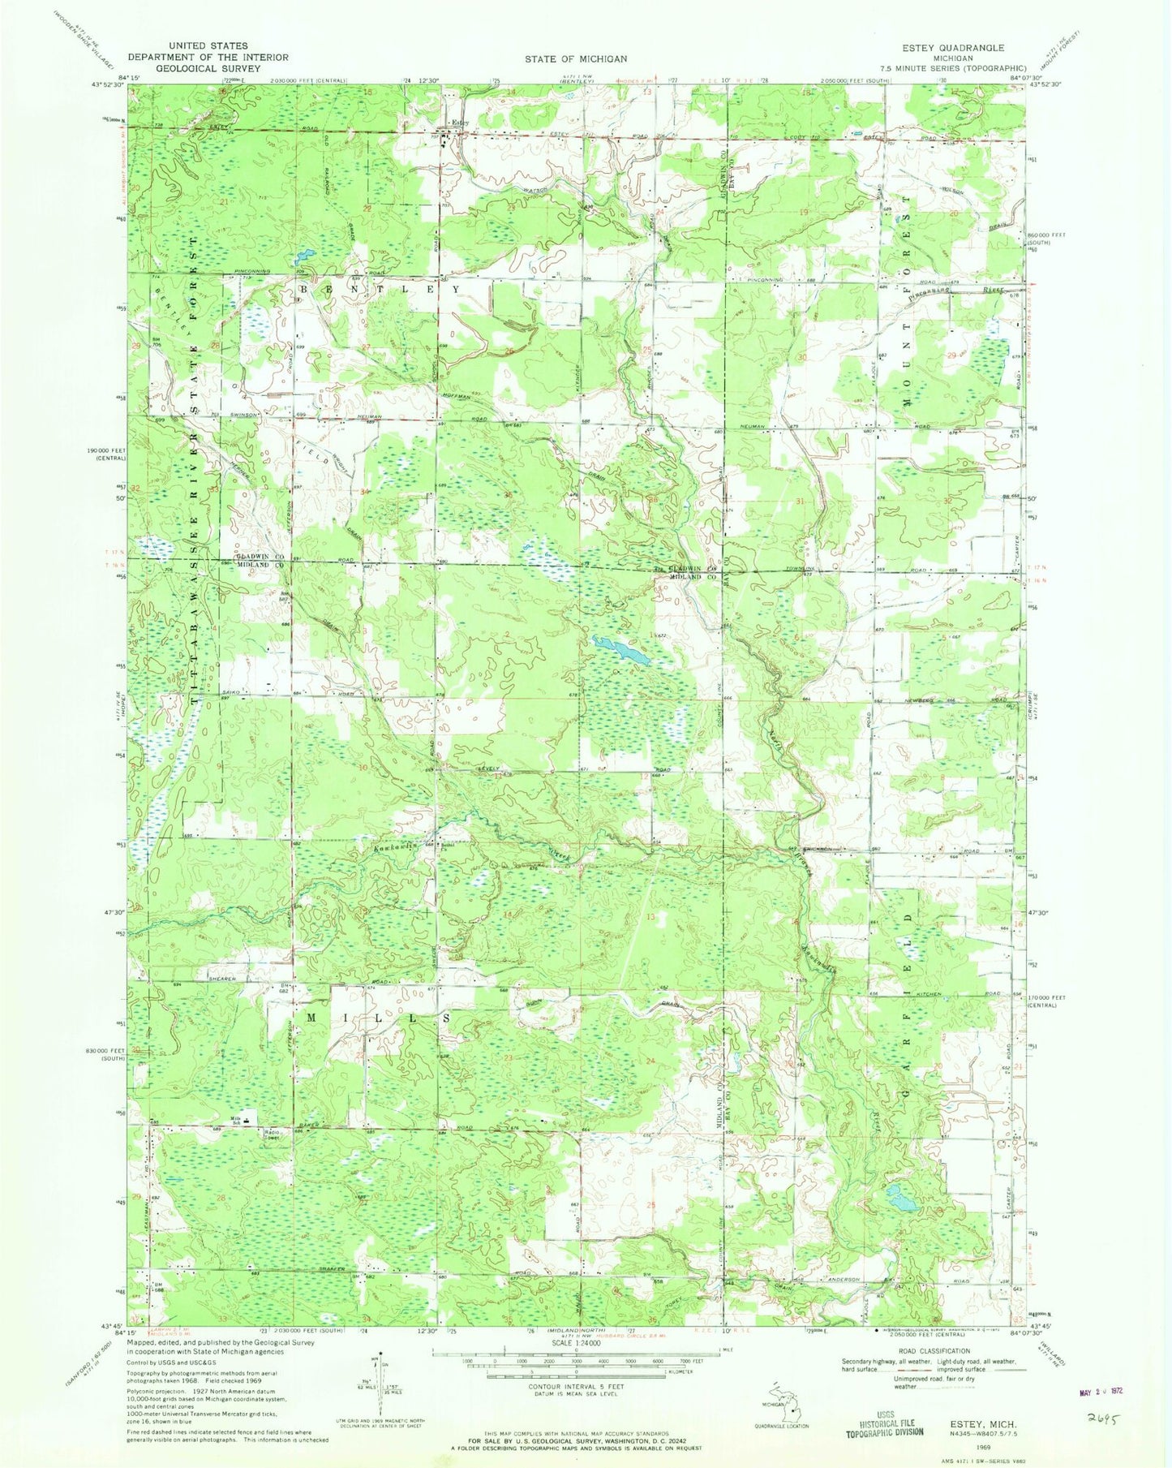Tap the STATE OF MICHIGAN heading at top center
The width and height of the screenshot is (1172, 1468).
tap(576, 58)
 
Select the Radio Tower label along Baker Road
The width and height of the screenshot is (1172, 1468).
tap(269, 1134)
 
